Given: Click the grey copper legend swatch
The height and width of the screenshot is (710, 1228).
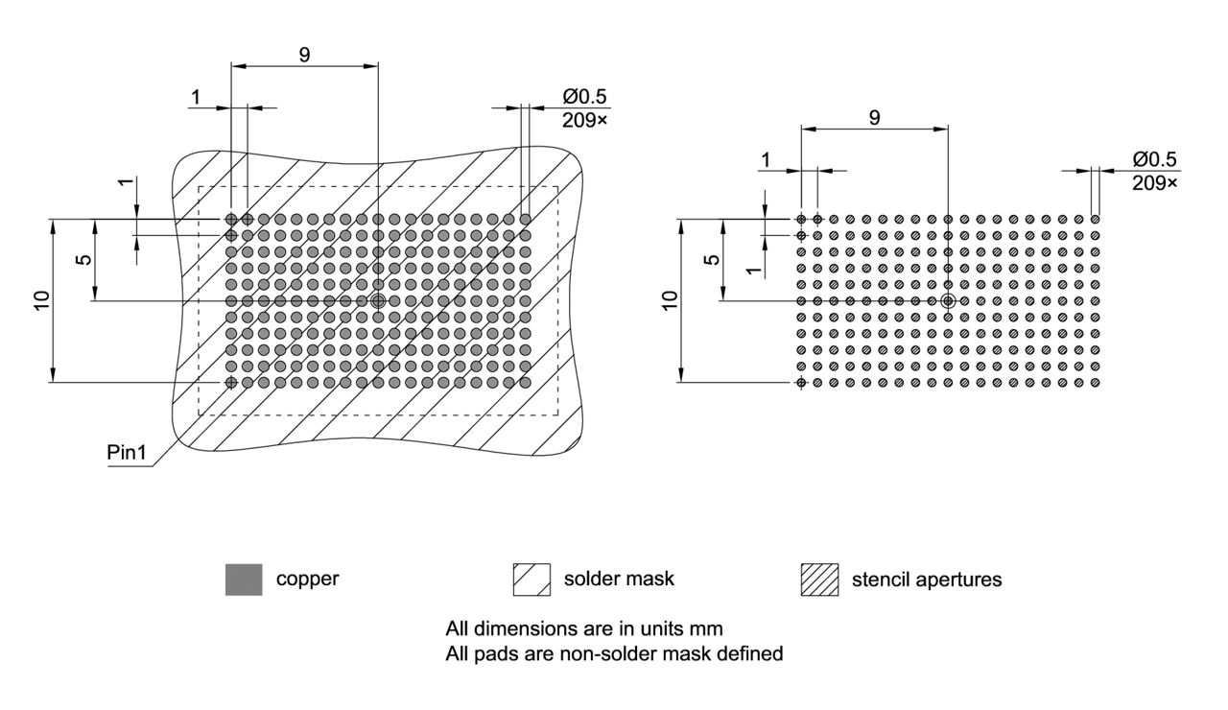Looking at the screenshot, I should pos(244,580).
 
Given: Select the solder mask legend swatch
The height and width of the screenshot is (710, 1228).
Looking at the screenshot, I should pos(531,580).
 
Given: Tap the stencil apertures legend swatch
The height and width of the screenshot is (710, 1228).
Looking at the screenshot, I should pos(819,580).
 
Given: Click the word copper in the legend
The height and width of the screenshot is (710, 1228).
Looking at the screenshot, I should pos(307,580).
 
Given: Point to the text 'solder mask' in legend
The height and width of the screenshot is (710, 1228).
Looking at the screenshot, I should pos(619,580).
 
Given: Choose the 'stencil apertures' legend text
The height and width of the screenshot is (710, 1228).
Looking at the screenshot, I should pos(926,580).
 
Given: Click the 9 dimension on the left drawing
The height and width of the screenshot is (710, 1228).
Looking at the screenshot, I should pos(304,55).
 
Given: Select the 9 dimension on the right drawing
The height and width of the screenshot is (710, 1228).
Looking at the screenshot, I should pos(874,117).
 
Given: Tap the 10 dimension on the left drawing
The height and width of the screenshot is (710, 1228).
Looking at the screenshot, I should pos(41,299).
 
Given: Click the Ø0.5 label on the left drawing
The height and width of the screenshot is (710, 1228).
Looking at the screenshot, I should pos(585,98).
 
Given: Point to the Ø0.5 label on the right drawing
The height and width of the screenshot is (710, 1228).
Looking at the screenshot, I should pos(1154,159).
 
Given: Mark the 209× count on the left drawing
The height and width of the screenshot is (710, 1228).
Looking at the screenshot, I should pos(585,120).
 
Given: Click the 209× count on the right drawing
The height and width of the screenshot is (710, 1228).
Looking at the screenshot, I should pos(1154,181).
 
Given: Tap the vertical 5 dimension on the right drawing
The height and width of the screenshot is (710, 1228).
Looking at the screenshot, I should pos(711,259).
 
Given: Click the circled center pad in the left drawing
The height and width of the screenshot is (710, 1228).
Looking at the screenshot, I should pos(378,300).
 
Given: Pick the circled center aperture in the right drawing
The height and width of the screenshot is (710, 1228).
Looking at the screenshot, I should pos(948,300).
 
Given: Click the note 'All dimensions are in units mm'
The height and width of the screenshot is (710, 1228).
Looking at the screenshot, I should pos(583,629).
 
